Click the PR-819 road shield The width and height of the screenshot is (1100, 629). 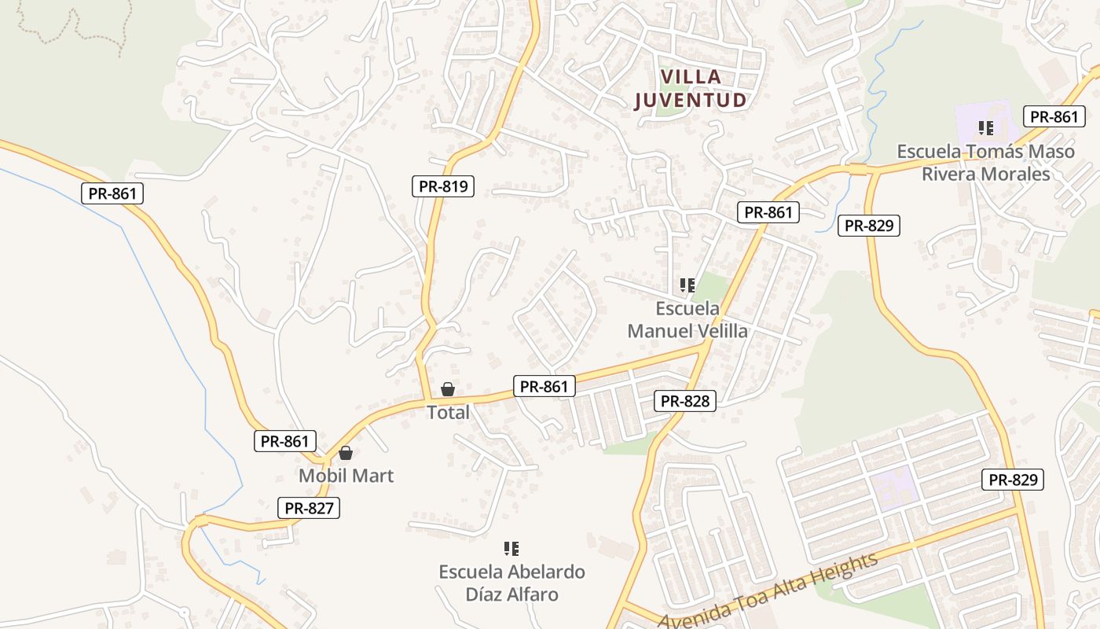click(x=443, y=186)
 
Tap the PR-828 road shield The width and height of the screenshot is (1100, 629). click(x=685, y=401)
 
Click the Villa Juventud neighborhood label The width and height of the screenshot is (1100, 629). click(x=690, y=88)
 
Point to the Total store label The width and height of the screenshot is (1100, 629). click(x=448, y=413)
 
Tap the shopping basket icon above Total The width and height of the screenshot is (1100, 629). click(x=448, y=389)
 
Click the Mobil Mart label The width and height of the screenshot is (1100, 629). click(x=346, y=476)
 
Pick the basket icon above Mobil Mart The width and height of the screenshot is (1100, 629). click(x=346, y=453)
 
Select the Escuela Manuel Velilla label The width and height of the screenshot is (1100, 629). click(x=687, y=319)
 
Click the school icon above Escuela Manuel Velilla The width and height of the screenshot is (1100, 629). click(x=687, y=285)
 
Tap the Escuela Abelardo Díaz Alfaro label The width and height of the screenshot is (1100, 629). click(x=512, y=583)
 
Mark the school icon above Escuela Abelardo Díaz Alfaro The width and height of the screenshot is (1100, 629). click(x=511, y=548)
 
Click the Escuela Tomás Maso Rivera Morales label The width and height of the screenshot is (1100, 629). click(x=986, y=162)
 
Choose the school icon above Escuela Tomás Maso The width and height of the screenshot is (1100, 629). click(x=986, y=127)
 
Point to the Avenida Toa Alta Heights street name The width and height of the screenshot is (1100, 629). click(x=768, y=591)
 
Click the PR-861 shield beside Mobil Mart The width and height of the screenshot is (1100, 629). click(x=285, y=441)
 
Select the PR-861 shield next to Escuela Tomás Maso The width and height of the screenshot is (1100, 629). click(x=1054, y=116)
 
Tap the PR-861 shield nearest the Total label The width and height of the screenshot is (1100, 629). click(x=544, y=386)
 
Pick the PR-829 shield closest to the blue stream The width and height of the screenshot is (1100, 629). click(x=868, y=226)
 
